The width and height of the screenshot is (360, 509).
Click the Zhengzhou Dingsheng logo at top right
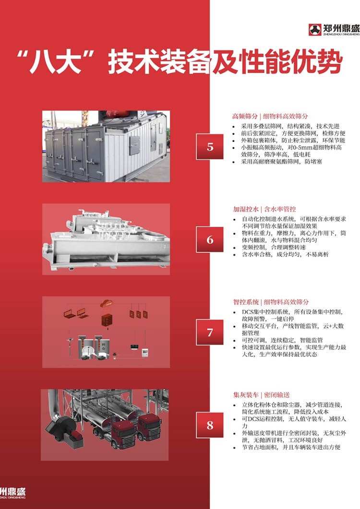pos(334,30)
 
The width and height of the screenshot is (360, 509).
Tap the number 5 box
pos(210,147)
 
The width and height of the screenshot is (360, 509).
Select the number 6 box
pos(210,239)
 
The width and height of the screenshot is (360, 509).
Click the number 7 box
pos(210,332)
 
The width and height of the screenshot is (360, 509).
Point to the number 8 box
pos(210,425)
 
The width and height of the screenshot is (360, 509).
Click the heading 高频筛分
pos(245,116)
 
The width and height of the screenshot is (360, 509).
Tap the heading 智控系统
pos(246,302)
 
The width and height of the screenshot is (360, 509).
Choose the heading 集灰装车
pos(246,395)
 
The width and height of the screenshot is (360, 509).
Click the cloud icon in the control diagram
pos(107,304)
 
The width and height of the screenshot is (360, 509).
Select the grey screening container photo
pos(106,146)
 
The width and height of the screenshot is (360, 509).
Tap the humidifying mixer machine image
pos(106,239)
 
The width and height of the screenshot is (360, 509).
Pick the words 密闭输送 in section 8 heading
pos(276,395)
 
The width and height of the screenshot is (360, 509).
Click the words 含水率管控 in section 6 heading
pos(280,209)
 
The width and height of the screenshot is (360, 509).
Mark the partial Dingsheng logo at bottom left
pos(12,493)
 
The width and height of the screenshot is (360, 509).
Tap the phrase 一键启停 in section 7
pos(283,319)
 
